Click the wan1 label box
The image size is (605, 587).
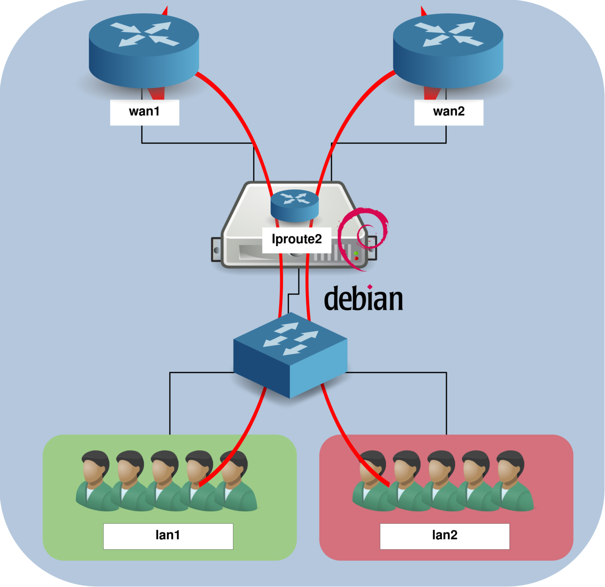point(144,112)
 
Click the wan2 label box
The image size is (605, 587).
point(449,112)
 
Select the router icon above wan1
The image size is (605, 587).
point(144,50)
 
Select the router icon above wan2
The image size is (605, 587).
point(448,50)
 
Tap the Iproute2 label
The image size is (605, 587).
point(296,239)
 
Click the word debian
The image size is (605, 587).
point(363,299)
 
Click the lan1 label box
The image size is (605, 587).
point(168,536)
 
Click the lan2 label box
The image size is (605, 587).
point(444,536)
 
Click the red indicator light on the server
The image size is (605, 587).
point(356,258)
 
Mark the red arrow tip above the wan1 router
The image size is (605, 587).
point(165,10)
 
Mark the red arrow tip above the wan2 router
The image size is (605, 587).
point(423,10)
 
